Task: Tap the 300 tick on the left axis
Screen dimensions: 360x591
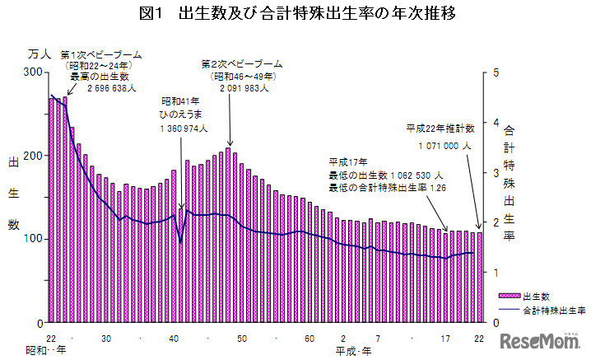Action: (x=34, y=72)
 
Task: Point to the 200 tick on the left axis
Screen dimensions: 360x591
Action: (x=34, y=156)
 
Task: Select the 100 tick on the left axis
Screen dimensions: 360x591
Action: (x=34, y=239)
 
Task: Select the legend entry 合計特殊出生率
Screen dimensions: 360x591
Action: (x=553, y=311)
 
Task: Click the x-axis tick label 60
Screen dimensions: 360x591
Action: (x=309, y=339)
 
